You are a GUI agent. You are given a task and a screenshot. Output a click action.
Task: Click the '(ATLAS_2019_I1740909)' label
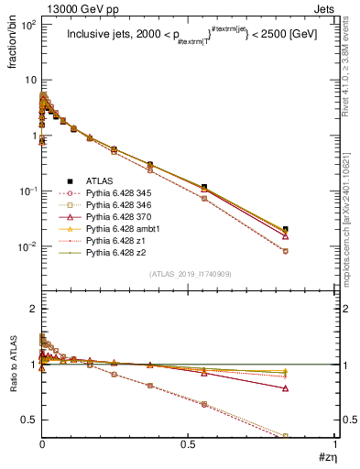(190, 274)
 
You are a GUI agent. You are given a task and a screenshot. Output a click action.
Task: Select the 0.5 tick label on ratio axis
(28, 420)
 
